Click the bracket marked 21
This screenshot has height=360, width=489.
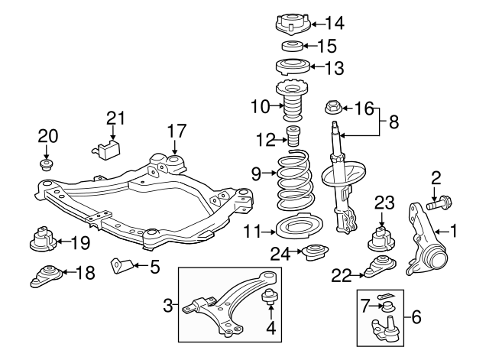pos(108,147)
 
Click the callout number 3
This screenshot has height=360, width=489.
pos(168,307)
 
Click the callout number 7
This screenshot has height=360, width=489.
pos(366,306)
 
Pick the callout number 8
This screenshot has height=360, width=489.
pos(393,122)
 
